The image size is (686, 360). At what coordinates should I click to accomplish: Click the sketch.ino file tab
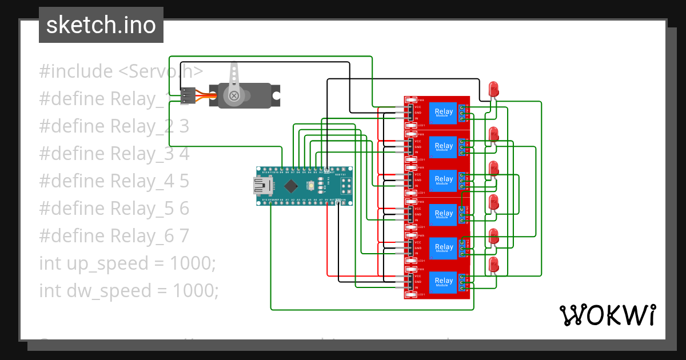click(101, 25)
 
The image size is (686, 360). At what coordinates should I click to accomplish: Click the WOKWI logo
click(607, 315)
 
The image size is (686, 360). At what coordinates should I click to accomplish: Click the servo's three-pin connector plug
click(188, 95)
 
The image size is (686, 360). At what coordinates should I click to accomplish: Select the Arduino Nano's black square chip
click(292, 186)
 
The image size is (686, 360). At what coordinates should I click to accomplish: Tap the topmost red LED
click(493, 90)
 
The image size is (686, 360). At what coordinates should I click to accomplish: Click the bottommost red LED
click(493, 265)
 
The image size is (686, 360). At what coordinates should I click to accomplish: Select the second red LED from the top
click(493, 135)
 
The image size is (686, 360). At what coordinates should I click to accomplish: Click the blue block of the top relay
click(444, 113)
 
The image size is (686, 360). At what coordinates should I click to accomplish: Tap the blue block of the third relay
click(444, 180)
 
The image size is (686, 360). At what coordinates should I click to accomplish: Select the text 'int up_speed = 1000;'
click(127, 263)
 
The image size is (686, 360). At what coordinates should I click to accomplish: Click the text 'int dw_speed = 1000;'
click(129, 291)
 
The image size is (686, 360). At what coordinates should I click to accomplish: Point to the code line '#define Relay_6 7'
click(114, 236)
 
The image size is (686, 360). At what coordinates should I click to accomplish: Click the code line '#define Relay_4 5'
click(114, 181)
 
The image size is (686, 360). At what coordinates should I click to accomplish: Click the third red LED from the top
click(493, 169)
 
